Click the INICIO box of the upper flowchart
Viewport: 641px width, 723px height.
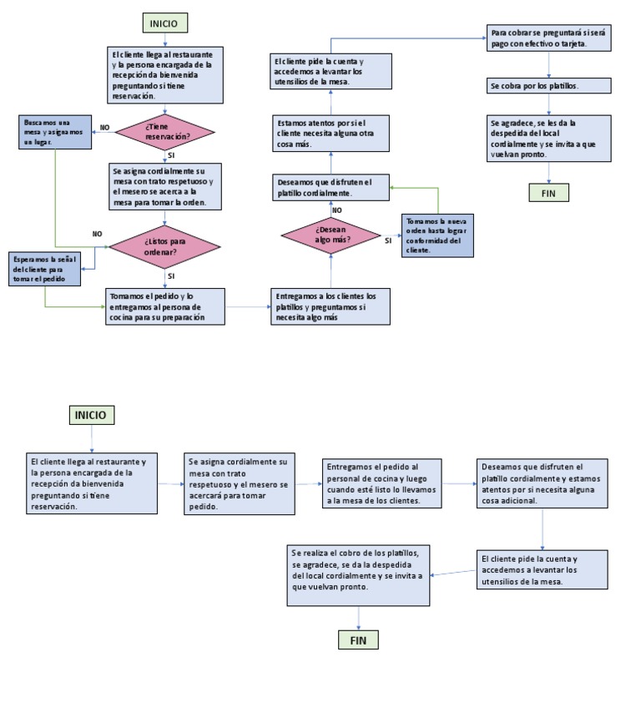pyautogui.click(x=164, y=23)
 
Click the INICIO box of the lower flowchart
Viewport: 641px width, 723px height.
pyautogui.click(x=93, y=415)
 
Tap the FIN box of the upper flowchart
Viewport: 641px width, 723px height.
pyautogui.click(x=548, y=193)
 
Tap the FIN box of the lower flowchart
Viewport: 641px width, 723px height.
pyautogui.click(x=358, y=640)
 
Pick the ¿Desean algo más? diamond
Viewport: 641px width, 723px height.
pyautogui.click(x=331, y=234)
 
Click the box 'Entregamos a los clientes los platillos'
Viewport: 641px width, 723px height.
pyautogui.click(x=331, y=306)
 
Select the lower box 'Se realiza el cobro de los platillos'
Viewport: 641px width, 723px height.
pyautogui.click(x=358, y=574)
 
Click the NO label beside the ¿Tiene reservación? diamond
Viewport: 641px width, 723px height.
pyautogui.click(x=104, y=128)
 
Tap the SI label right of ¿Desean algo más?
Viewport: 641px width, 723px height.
pyautogui.click(x=388, y=240)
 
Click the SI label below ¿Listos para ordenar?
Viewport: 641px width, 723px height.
pyautogui.click(x=170, y=276)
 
